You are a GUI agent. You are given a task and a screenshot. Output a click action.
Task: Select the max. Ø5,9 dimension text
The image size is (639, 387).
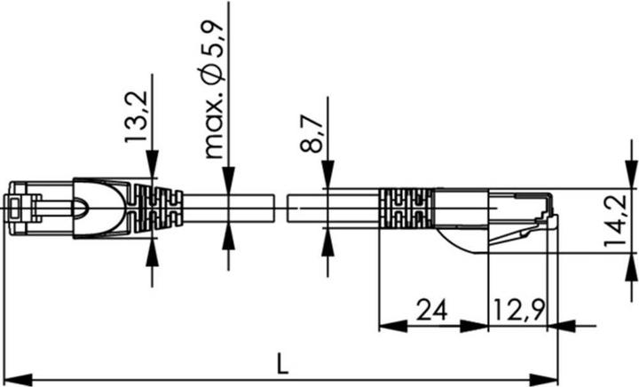[216, 80]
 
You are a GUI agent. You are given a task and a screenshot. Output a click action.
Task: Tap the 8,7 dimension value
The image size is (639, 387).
[312, 131]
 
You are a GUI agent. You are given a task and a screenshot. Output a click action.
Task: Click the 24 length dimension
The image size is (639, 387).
[430, 310]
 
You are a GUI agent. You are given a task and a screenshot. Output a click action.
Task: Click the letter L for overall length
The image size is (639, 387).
[281, 363]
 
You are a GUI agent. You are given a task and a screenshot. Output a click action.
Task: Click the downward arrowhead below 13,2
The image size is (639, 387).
[153, 162]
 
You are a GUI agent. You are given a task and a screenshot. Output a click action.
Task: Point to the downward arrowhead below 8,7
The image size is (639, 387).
[327, 175]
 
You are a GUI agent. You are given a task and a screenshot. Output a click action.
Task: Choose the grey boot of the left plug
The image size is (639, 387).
[99, 209]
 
